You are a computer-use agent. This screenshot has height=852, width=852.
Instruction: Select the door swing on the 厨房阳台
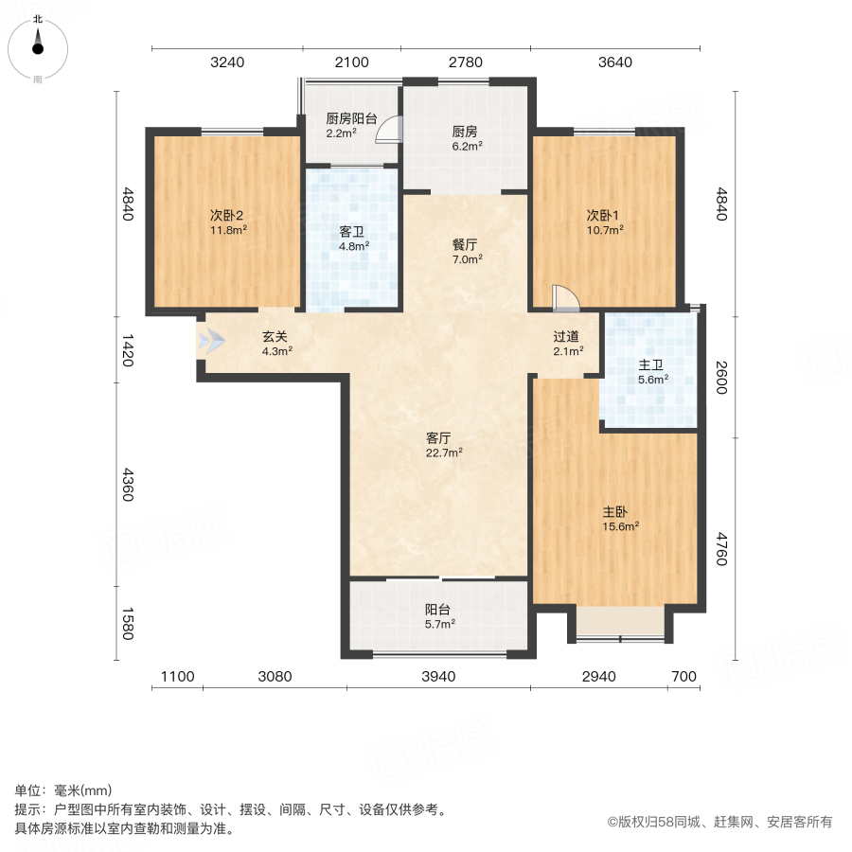click(x=388, y=131)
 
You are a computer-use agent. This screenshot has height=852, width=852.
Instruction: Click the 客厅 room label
click(x=437, y=438)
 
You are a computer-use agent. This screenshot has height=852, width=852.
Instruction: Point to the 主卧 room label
click(x=615, y=511)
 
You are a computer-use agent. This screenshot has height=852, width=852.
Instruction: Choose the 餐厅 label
click(x=464, y=242)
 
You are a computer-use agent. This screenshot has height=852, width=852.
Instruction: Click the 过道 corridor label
click(x=566, y=337)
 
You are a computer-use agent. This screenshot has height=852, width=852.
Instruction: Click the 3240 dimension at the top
click(x=227, y=62)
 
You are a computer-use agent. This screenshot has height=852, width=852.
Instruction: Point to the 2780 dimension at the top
click(x=465, y=62)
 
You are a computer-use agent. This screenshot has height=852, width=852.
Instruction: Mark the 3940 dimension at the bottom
click(x=438, y=676)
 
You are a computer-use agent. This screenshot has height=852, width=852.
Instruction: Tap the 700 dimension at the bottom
click(x=683, y=676)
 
